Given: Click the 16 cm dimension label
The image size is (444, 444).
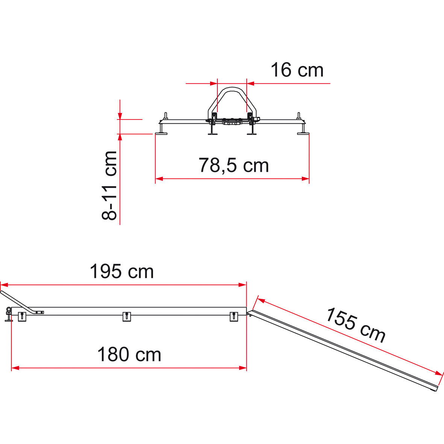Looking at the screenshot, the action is click(x=297, y=70).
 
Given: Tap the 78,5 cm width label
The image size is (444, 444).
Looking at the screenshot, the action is click(x=233, y=165).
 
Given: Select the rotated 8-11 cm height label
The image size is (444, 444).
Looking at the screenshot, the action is click(x=109, y=185).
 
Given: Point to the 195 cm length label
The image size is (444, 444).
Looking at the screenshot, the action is click(x=122, y=271).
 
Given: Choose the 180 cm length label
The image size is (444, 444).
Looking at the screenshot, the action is click(x=129, y=355).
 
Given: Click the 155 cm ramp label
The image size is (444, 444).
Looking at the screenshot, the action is click(x=356, y=325).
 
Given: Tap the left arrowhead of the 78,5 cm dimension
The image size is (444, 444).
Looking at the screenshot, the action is click(x=159, y=179).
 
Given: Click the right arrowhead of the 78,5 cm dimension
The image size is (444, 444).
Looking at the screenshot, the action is click(x=305, y=179).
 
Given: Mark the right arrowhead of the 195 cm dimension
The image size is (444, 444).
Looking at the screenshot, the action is click(x=242, y=285).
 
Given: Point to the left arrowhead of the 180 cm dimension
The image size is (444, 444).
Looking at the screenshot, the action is click(x=15, y=368).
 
